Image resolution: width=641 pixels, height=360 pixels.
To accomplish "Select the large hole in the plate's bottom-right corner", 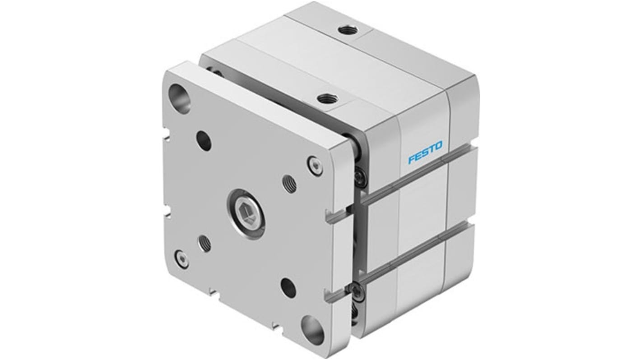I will click(312, 330).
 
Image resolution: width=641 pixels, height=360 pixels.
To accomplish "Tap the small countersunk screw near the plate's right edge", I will click(315, 165).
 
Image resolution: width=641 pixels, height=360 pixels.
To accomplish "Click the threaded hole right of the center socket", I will click(290, 184).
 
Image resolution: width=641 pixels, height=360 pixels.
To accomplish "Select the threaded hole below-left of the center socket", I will click(204, 244).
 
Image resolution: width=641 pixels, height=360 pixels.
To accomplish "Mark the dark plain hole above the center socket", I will click(204, 140).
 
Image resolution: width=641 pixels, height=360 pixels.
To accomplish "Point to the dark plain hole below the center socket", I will click(288, 287).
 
